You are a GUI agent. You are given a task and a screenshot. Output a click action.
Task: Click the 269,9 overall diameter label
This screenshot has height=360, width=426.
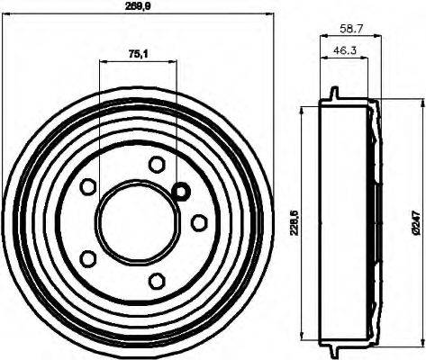[x=137, y=6]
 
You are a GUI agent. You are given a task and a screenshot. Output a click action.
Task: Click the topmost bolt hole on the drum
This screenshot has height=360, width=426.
[x=157, y=164]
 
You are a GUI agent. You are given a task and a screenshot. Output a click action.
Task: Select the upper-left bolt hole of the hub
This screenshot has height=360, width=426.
[x=89, y=187]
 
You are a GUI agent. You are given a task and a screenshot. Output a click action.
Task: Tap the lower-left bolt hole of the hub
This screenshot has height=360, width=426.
[x=89, y=257]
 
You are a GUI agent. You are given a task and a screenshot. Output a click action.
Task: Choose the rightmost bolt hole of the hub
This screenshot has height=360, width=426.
[x=197, y=221]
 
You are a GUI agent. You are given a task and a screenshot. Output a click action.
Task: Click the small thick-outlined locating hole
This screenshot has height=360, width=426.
[x=181, y=191]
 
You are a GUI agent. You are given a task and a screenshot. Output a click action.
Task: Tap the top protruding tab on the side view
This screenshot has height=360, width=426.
[x=333, y=94]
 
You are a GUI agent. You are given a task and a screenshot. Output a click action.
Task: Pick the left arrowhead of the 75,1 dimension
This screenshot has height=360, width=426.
[x=101, y=61]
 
